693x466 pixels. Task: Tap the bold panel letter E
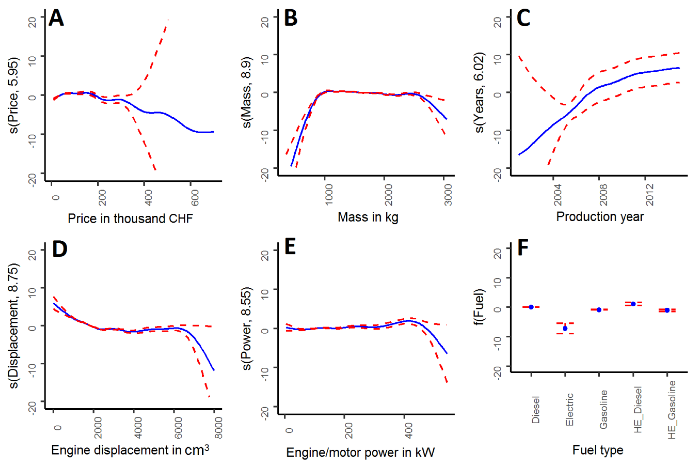290,247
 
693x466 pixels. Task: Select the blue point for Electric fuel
565,328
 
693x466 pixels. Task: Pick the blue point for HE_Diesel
633,304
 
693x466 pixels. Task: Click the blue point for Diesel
531,307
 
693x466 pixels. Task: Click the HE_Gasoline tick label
672,409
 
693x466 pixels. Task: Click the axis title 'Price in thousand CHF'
130,219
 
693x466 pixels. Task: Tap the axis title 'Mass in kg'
368,217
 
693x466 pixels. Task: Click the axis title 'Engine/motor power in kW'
360,453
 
